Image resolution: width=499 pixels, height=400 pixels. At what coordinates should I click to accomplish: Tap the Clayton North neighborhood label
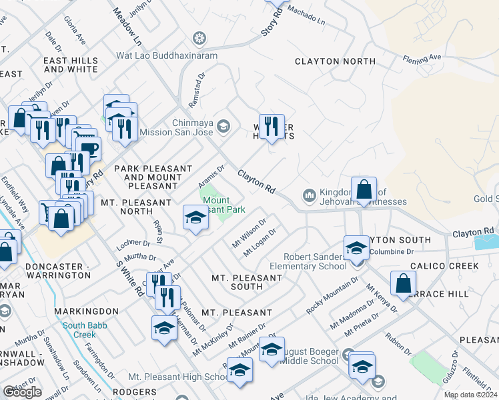[334, 61]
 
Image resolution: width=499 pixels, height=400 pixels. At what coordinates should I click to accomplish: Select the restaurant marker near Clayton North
[271, 126]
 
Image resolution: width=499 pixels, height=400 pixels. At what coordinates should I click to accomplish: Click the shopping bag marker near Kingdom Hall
[364, 191]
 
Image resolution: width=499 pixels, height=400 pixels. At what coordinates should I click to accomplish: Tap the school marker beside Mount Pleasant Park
[195, 217]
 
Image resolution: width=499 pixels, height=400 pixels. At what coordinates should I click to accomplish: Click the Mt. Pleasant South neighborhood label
[237, 282]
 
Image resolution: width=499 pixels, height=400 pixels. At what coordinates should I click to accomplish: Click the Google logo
[23, 392]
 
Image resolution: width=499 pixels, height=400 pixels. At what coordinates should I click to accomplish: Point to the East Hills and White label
[71, 65]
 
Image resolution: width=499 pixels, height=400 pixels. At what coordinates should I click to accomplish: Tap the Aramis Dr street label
[213, 176]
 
